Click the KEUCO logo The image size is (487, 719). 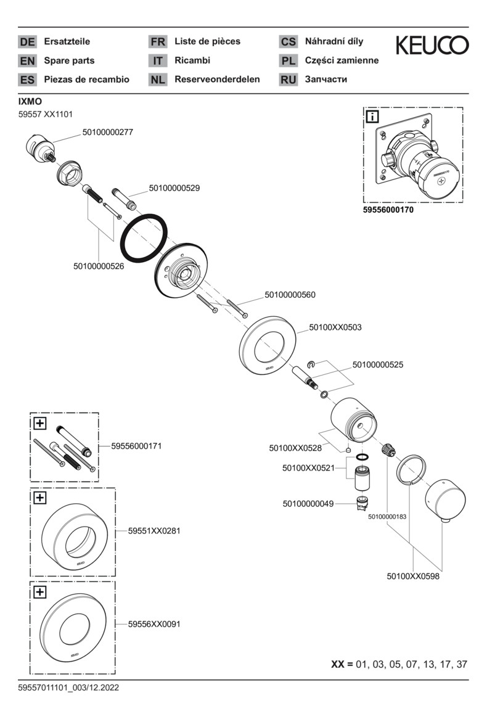pos(432,45)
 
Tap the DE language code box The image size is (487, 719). pos(27,42)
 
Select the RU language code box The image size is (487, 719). pos(288,80)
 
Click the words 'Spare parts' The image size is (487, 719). pos(69,60)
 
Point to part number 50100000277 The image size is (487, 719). pos(107,132)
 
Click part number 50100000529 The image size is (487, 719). pos(174,187)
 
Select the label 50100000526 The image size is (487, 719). pos(99,266)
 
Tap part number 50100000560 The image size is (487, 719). pos(290,295)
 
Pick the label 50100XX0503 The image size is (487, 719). pos(335,327)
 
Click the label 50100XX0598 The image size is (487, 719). pos(413,577)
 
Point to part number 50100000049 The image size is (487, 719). pos(308,504)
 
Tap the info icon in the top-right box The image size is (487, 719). pos(373,117)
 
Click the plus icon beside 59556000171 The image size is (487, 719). pos(40,423)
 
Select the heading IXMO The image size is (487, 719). pos(30,101)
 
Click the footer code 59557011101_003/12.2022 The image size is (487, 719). pos(68,688)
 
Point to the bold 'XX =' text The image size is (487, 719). pos(342,664)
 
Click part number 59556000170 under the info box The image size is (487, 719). pos(388,210)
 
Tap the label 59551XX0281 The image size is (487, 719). pos(154,530)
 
